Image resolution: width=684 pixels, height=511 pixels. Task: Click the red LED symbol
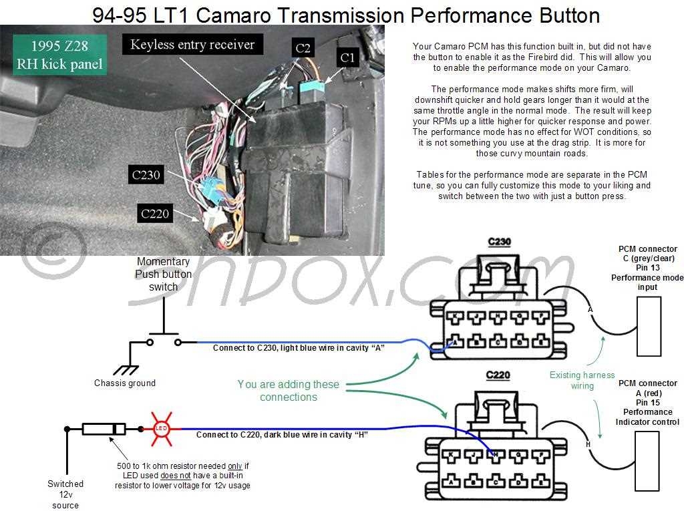tap(160, 428)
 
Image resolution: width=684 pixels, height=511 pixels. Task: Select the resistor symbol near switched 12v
tap(104, 429)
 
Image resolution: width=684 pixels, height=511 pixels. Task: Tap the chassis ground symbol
tap(124, 368)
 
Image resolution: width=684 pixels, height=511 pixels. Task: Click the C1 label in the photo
tap(347, 58)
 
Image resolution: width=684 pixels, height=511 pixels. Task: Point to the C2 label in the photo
tap(303, 48)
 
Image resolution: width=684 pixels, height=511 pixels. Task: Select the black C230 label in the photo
tap(146, 175)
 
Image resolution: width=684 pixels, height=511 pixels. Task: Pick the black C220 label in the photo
tap(155, 214)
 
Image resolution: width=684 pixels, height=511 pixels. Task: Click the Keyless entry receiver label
tap(192, 45)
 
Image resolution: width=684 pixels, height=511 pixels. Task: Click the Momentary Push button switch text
tap(163, 274)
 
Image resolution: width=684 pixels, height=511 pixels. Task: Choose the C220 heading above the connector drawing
tap(497, 375)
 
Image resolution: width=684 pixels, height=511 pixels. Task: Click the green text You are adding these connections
tap(289, 391)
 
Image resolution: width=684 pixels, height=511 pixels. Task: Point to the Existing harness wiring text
tap(582, 380)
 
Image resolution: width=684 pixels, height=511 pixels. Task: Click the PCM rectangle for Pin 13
tap(648, 326)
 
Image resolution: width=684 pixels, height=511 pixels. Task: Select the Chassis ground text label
tap(125, 383)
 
